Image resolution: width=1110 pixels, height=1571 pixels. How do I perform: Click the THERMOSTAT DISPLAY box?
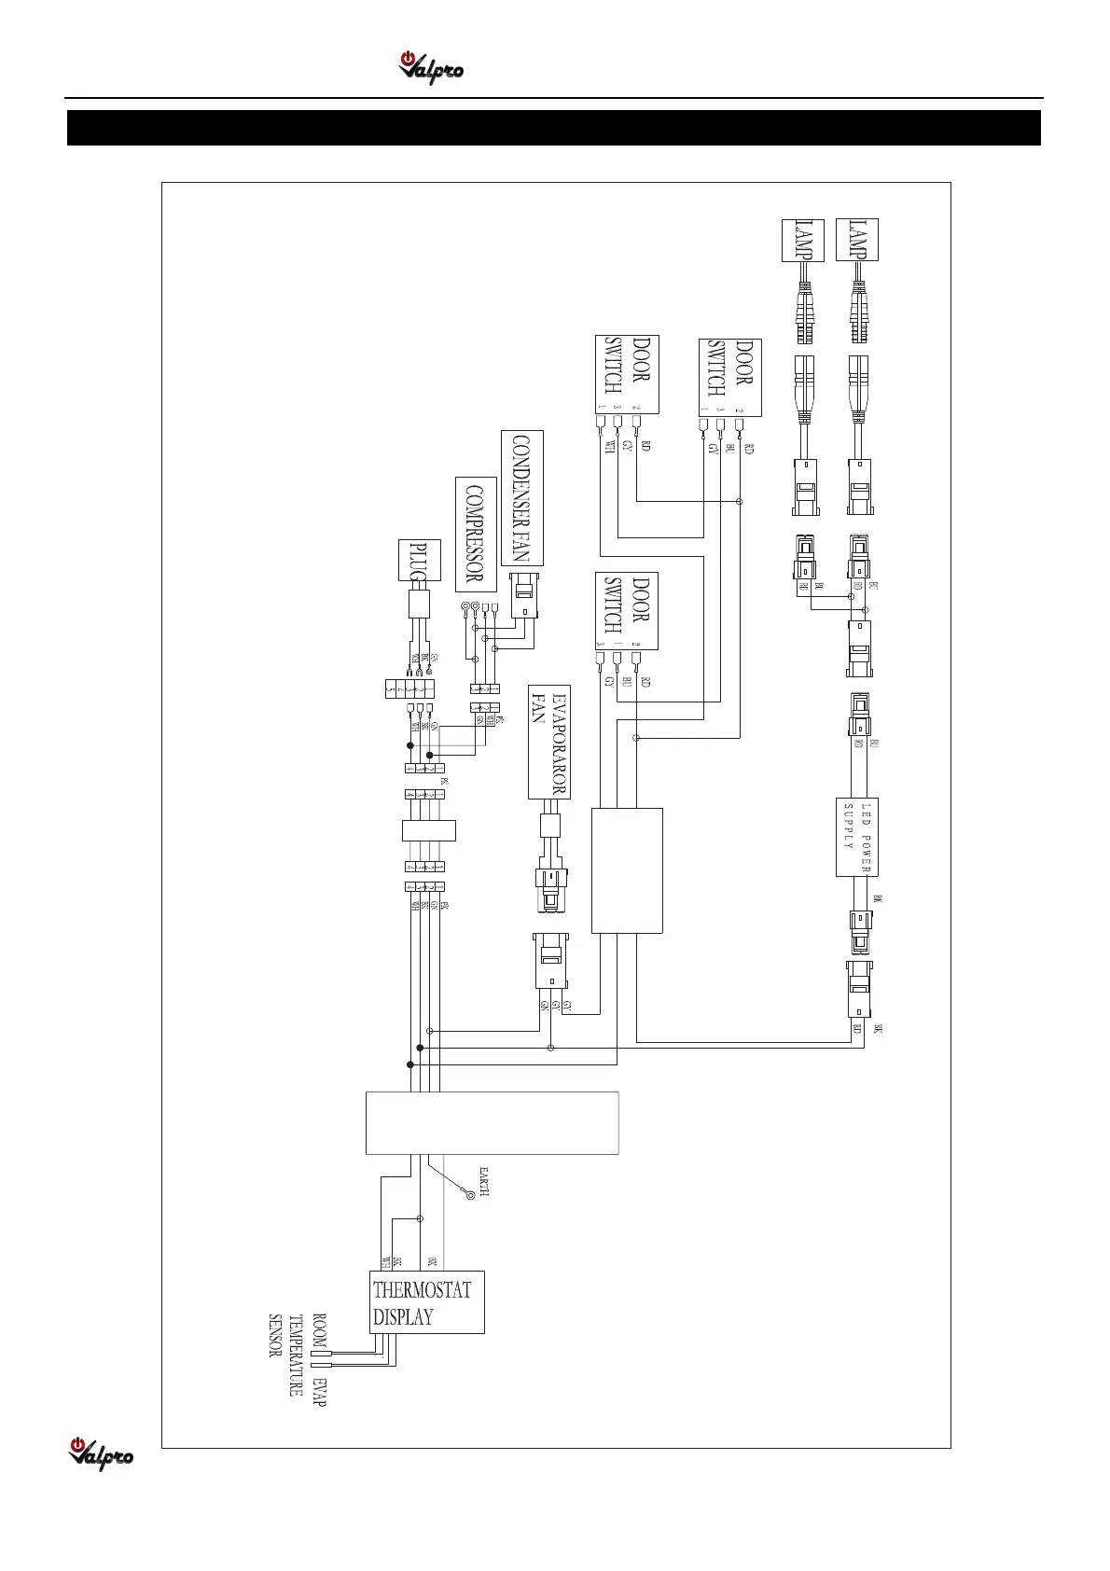coord(427,1301)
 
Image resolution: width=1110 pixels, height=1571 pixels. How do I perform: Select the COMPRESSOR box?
coord(475,534)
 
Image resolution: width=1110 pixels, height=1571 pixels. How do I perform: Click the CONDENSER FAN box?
coord(521,497)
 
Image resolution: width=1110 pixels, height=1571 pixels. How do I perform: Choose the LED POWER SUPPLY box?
coord(857,837)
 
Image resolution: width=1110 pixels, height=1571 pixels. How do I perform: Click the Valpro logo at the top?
coord(431,68)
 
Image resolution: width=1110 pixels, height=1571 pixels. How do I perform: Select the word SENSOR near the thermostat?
coord(275,1336)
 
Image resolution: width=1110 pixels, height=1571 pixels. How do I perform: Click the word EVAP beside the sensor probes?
coord(320,1391)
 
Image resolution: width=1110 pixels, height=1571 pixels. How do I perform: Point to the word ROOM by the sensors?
coord(319,1329)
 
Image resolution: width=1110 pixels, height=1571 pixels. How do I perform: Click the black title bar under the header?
coord(554,128)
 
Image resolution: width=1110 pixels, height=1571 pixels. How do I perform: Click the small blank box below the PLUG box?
coord(428,829)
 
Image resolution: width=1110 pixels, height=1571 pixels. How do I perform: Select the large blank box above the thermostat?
coord(492,1122)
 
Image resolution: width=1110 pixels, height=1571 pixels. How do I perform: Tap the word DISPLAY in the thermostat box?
coord(403,1317)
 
